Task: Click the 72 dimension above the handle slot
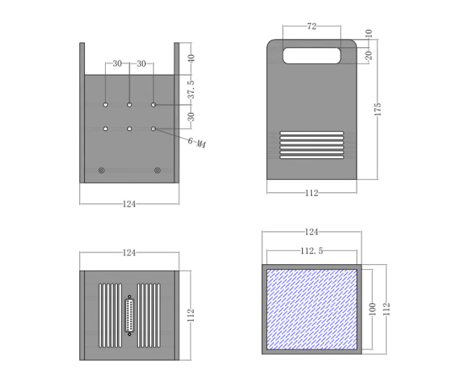311,26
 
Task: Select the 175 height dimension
378,109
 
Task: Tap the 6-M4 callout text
197,142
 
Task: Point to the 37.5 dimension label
191,90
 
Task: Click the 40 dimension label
191,59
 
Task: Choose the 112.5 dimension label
311,250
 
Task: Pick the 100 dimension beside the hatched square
372,309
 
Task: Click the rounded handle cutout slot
311,56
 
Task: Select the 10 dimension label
368,33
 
